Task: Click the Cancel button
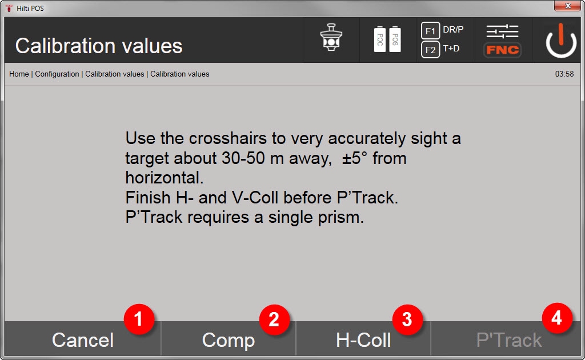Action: pyautogui.click(x=82, y=339)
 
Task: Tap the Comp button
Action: pyautogui.click(x=229, y=339)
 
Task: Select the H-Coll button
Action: pyautogui.click(x=363, y=339)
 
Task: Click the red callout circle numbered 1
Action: pyautogui.click(x=139, y=319)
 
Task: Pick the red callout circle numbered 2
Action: pyautogui.click(x=274, y=319)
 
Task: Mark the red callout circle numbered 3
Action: pyautogui.click(x=407, y=319)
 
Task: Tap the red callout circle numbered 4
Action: pyautogui.click(x=557, y=318)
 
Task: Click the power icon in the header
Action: pyautogui.click(x=561, y=41)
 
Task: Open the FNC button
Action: pyautogui.click(x=503, y=50)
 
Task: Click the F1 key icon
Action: pyautogui.click(x=430, y=31)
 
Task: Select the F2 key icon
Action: pyautogui.click(x=430, y=50)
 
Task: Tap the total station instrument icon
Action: pyautogui.click(x=331, y=37)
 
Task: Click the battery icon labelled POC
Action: pyautogui.click(x=380, y=39)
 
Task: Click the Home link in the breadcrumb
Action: pyautogui.click(x=19, y=74)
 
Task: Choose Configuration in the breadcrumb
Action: pyautogui.click(x=57, y=74)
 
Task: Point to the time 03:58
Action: pyautogui.click(x=564, y=74)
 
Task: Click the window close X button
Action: pyautogui.click(x=567, y=6)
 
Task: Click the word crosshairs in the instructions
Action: pyautogui.click(x=228, y=138)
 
